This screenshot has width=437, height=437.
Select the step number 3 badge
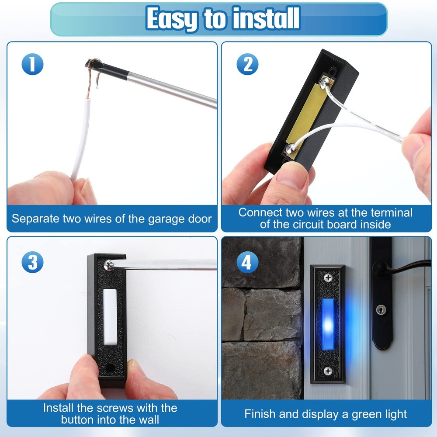[32, 262]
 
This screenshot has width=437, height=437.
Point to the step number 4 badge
[247, 263]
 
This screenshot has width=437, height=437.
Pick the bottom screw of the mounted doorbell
[328, 371]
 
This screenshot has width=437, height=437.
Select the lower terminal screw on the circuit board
[290, 149]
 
